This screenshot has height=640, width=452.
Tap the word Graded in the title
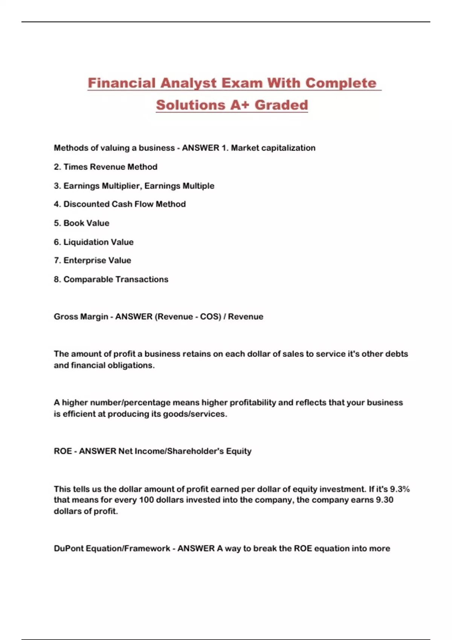pyautogui.click(x=281, y=105)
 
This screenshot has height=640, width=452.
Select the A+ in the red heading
pyautogui.click(x=240, y=105)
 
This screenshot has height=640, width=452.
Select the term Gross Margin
pyautogui.click(x=81, y=317)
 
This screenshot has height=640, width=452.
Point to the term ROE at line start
pyautogui.click(x=63, y=451)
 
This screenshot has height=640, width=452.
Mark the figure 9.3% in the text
pyautogui.click(x=400, y=489)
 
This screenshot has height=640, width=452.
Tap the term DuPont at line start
pyautogui.click(x=69, y=549)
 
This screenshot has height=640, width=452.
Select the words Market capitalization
pyautogui.click(x=273, y=148)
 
